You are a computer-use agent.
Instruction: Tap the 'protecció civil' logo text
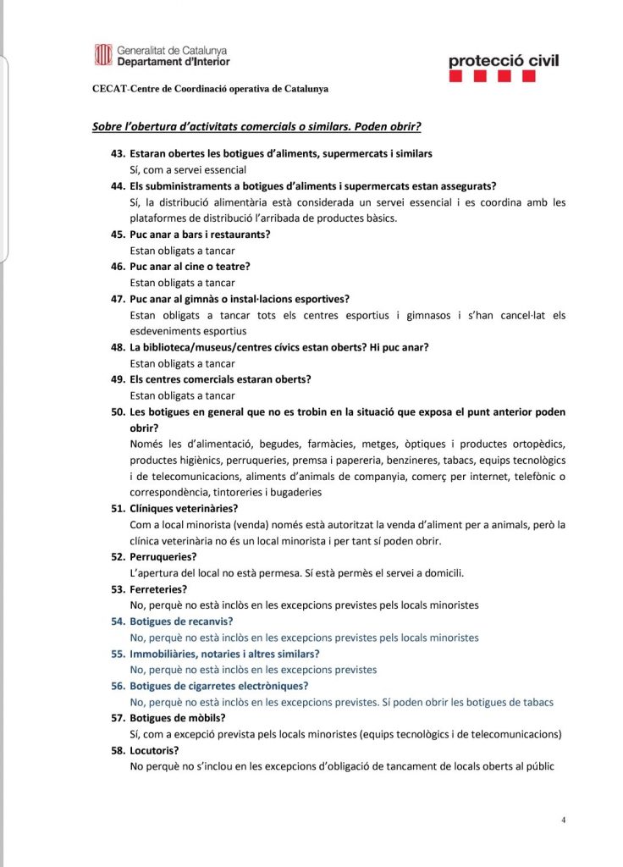(503, 60)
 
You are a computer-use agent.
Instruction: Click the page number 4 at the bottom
(564, 820)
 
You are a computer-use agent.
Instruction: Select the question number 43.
(119, 154)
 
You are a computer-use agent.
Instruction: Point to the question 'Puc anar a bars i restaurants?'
(200, 235)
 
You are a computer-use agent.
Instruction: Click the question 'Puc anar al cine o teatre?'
(190, 267)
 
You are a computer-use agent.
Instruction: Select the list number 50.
(119, 411)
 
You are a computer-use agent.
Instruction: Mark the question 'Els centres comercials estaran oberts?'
(220, 379)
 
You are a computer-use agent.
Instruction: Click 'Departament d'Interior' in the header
(173, 62)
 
